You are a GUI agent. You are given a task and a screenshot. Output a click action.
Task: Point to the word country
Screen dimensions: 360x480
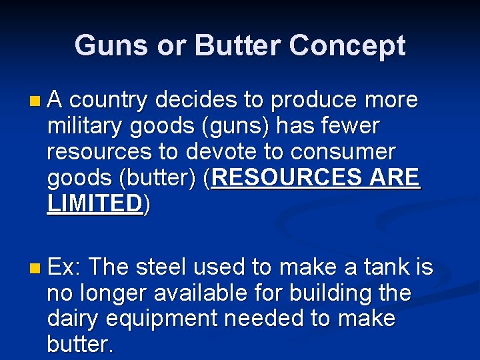pyautogui.click(x=109, y=101)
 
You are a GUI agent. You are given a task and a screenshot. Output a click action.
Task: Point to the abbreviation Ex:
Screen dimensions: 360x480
pyautogui.click(x=64, y=267)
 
